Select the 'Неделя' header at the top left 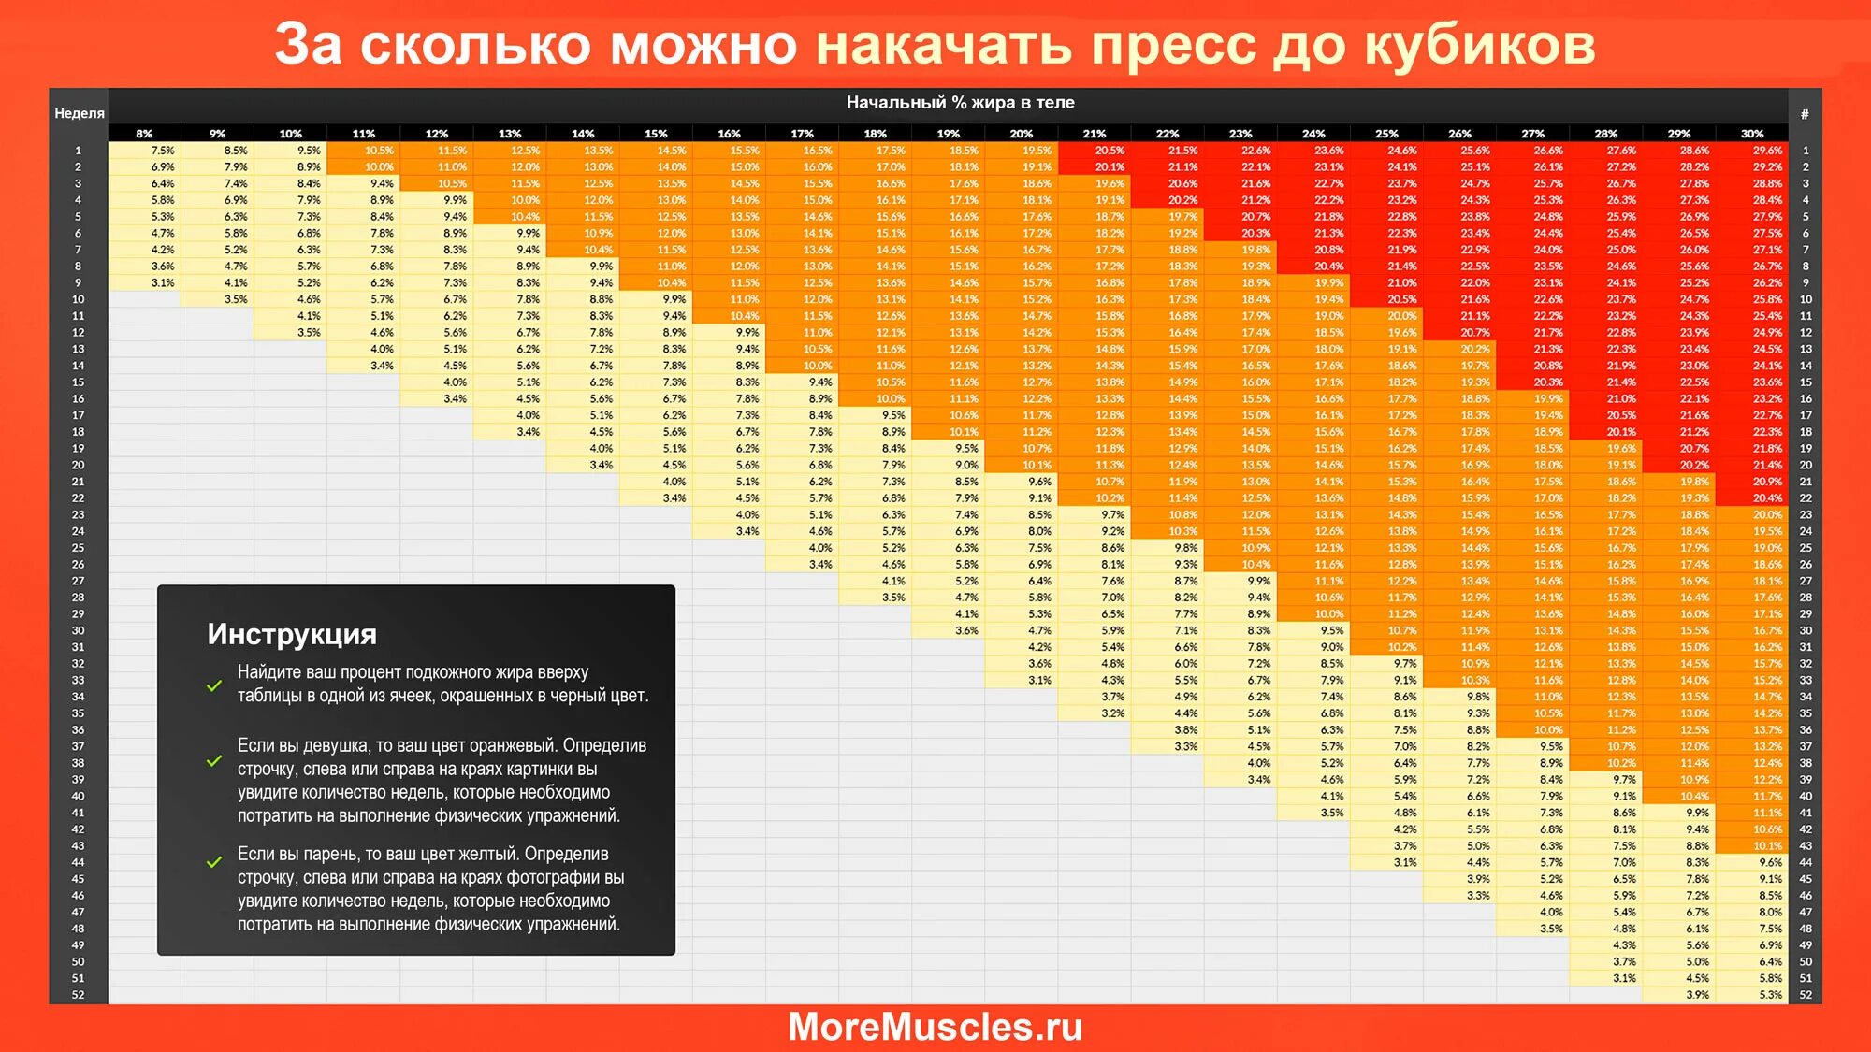80,113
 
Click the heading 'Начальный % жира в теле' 960,102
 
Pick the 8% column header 144,134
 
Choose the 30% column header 1752,134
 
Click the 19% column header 949,134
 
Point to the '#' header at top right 1805,113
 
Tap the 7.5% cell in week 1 163,151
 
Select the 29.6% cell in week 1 1767,151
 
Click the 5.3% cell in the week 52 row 1770,995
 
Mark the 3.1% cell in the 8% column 163,282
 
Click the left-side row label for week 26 78,565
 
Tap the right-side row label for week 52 1806,995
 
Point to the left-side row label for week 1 78,151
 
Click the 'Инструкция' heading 292,634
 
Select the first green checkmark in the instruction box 214,685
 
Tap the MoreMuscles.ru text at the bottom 935,1027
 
